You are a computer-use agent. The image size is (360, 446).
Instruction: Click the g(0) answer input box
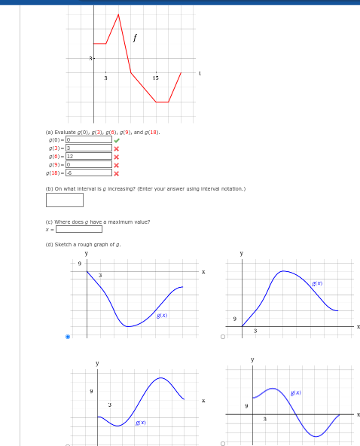[89, 139]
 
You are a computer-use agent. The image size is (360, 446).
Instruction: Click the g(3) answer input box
[89, 148]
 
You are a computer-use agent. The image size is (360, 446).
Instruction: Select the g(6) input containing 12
[89, 156]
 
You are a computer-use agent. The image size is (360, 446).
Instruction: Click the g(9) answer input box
[89, 164]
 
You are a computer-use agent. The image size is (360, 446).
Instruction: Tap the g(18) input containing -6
[89, 173]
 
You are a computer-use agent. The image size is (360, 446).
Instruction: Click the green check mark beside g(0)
[117, 139]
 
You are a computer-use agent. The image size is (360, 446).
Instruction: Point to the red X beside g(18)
[117, 173]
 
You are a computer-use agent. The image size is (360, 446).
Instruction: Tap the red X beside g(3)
[117, 148]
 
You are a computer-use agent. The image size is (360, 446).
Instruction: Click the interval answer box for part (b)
[65, 200]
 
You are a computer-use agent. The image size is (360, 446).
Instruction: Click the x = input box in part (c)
[79, 229]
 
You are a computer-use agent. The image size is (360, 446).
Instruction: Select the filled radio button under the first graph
[68, 337]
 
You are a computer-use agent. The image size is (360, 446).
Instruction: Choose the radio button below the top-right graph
[223, 337]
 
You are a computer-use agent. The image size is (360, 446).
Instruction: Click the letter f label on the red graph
[135, 37]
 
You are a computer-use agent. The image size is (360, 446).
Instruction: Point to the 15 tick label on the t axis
[155, 78]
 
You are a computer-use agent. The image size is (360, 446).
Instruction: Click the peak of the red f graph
[118, 14]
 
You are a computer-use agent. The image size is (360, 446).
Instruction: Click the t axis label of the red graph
[200, 73]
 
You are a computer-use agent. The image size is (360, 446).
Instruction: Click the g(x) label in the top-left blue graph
[162, 315]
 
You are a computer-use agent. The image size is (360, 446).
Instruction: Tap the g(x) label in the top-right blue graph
[317, 283]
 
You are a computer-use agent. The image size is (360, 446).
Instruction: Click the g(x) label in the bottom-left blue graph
[140, 423]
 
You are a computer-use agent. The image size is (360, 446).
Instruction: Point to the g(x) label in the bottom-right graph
[296, 393]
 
